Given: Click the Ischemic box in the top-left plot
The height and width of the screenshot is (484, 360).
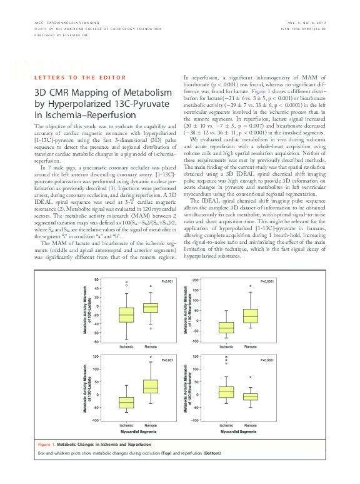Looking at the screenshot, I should point(127,315).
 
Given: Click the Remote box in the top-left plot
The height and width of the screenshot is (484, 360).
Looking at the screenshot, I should point(151,307).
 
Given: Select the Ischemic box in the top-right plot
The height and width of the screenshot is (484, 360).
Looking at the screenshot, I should point(226,327).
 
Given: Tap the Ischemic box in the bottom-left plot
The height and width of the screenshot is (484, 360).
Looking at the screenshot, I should point(127,402).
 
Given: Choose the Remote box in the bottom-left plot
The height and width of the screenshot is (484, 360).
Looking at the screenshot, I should point(151,386).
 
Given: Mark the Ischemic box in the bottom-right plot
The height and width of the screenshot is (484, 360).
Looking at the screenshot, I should point(226,392).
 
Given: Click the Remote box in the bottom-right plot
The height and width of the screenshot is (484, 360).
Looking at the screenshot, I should point(250,396).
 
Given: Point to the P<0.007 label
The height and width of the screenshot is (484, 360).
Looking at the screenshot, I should point(167,361).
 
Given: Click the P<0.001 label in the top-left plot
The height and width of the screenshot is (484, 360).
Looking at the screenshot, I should point(167,281).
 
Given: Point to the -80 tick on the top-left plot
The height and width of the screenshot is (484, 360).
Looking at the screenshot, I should point(96,341).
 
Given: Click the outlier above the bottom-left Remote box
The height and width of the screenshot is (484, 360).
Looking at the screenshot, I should point(151,357).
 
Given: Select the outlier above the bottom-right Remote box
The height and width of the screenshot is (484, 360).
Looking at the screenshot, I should point(250,377).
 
